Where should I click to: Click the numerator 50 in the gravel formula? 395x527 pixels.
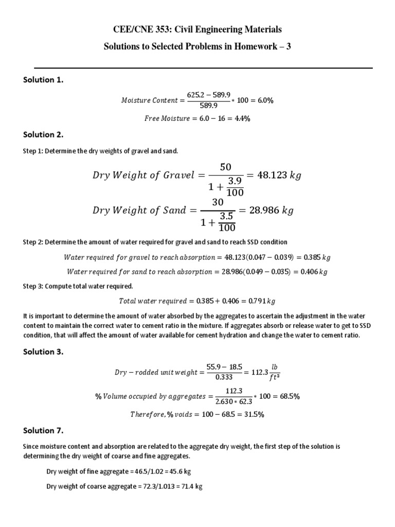click(x=226, y=167)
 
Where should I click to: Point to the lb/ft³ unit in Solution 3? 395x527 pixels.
click(x=275, y=372)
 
